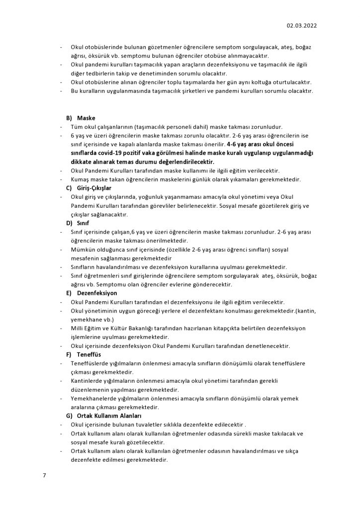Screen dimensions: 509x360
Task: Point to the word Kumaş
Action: (x=80, y=179)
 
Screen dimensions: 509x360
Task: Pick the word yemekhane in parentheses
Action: (x=86, y=320)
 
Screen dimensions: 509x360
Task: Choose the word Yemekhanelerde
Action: (x=94, y=399)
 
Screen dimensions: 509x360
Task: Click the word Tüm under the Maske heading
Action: (x=78, y=127)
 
